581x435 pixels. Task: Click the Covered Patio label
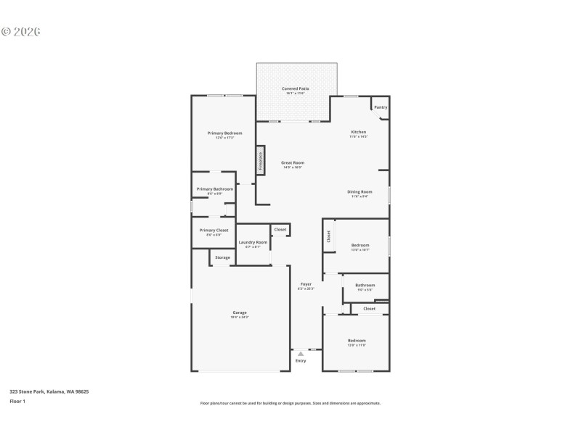click(x=296, y=88)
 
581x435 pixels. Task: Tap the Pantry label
click(x=381, y=107)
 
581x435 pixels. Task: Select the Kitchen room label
click(x=359, y=132)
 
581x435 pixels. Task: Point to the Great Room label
click(x=293, y=163)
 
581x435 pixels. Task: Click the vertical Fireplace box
click(x=259, y=161)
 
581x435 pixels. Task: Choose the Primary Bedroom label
click(x=224, y=133)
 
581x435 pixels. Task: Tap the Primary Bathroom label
click(x=215, y=189)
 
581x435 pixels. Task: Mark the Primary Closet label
click(x=214, y=231)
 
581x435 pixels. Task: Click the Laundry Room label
click(x=253, y=242)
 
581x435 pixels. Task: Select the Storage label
click(x=222, y=257)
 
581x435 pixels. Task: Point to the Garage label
click(x=240, y=313)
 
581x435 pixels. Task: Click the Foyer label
click(x=306, y=284)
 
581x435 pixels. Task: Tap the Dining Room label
click(x=360, y=192)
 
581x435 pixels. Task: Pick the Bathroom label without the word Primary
click(x=365, y=285)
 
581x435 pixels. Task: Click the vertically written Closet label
click(x=328, y=236)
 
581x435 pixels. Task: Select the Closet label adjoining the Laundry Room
click(x=280, y=230)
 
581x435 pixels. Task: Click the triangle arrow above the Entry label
click(x=301, y=354)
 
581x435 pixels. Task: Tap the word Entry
click(x=301, y=361)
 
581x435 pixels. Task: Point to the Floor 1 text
click(x=17, y=401)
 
